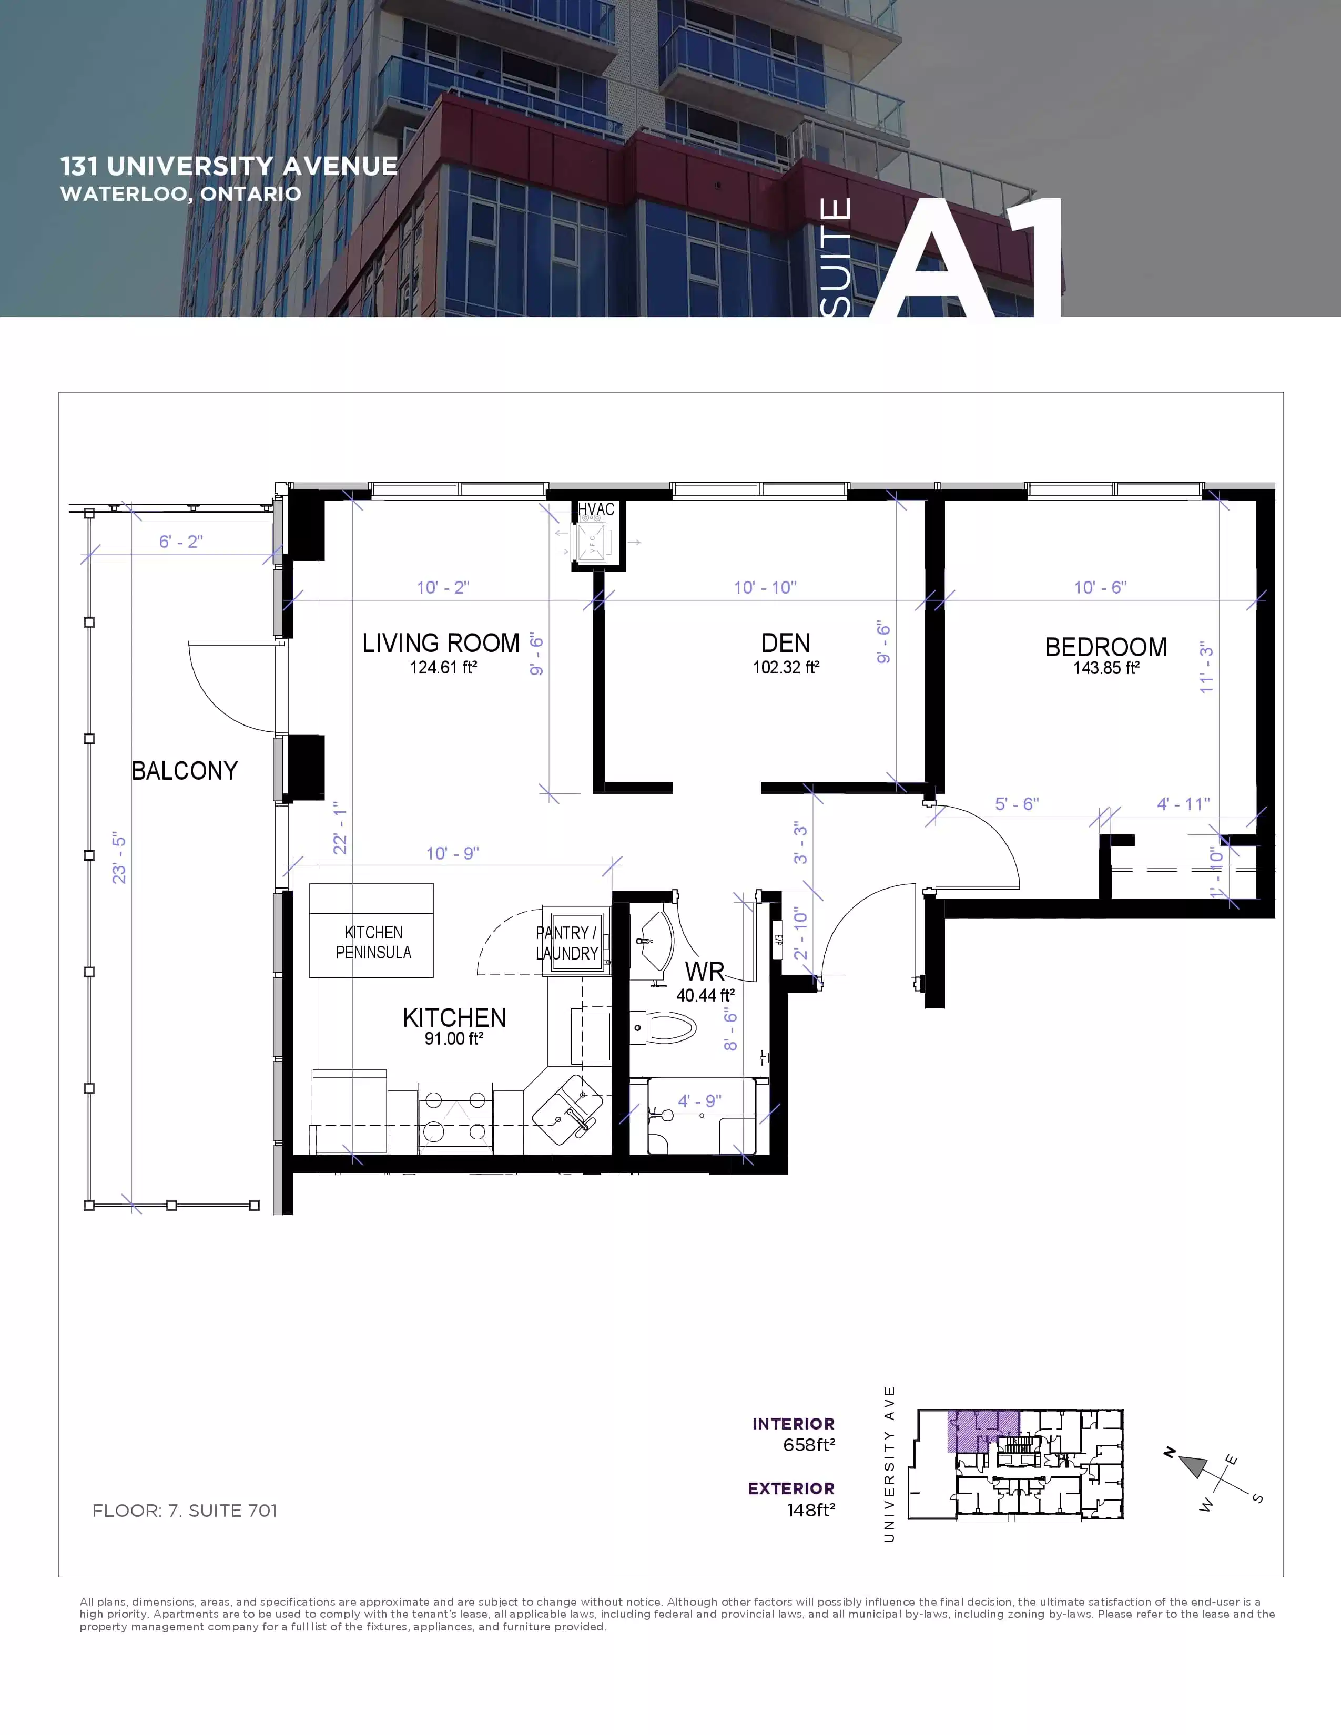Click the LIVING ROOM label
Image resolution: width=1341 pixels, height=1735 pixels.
click(441, 642)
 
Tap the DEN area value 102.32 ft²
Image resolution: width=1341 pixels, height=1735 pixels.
click(786, 667)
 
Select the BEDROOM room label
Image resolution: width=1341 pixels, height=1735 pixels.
click(1106, 647)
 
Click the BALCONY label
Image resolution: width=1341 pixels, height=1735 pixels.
click(184, 771)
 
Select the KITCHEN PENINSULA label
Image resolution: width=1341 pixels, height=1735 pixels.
click(373, 942)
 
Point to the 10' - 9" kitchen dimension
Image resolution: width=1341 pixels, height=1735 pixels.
click(452, 853)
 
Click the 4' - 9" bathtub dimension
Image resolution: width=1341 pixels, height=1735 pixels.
click(699, 1100)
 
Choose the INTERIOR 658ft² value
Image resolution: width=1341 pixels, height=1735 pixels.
click(809, 1445)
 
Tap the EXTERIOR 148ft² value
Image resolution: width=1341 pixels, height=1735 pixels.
click(810, 1510)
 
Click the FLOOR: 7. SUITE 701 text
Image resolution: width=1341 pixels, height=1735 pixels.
click(184, 1510)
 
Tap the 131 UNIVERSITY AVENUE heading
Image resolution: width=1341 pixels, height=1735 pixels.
click(229, 166)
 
